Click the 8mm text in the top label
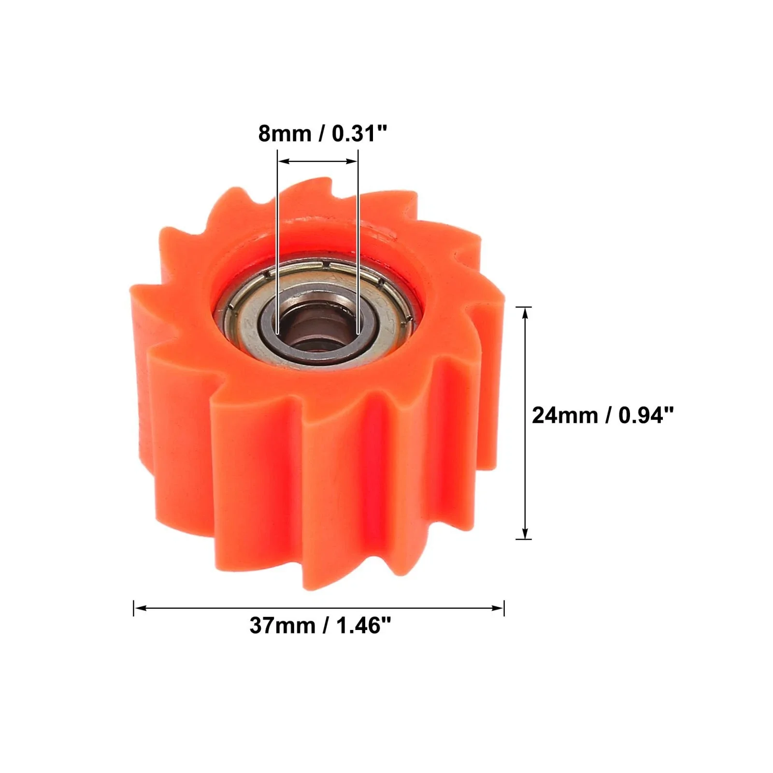point(284,133)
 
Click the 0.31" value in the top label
point(359,133)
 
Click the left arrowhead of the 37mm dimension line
point(139,608)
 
